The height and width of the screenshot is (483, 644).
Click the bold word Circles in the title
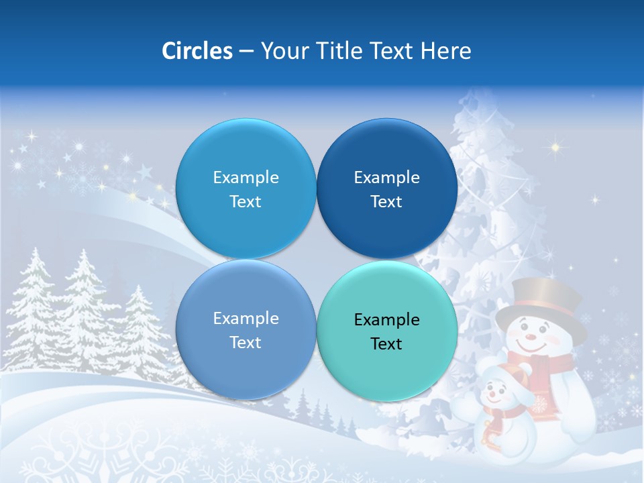click(197, 51)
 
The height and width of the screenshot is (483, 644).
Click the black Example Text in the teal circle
click(386, 331)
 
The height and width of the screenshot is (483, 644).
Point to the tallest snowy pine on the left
click(84, 302)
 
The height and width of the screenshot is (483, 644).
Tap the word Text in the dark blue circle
click(386, 201)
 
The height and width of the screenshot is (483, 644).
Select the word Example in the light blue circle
click(246, 177)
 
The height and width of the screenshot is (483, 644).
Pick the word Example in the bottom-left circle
click(246, 318)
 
